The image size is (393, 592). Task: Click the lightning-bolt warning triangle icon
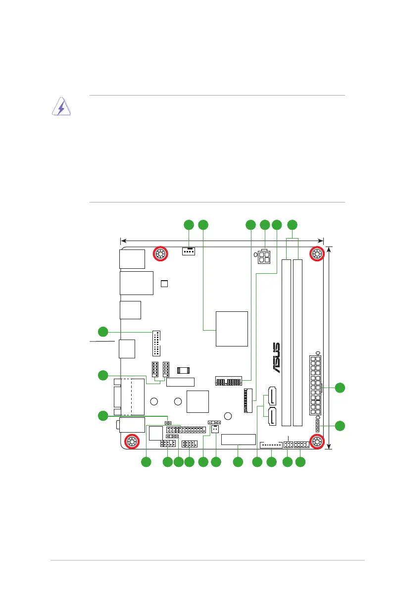[61, 106]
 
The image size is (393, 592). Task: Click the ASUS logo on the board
[276, 358]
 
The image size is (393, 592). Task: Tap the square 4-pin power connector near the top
[264, 257]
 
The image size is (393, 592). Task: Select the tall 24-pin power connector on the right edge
[315, 385]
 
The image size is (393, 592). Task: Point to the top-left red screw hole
[160, 254]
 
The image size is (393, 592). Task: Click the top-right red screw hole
[316, 254]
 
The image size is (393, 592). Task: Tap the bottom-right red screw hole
[317, 441]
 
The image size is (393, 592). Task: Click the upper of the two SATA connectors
[272, 395]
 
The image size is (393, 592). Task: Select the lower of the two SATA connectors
[272, 416]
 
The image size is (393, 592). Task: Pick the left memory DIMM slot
[286, 343]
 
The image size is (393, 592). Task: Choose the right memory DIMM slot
[298, 343]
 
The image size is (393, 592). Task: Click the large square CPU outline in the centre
[232, 329]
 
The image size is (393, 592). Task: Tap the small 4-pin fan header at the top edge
[189, 251]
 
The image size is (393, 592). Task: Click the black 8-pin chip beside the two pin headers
[183, 370]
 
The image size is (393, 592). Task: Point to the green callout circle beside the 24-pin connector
[340, 388]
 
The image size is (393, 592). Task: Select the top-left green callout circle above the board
[189, 225]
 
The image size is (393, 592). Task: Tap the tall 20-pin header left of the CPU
[156, 343]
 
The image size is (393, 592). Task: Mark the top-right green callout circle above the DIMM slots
[292, 225]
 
